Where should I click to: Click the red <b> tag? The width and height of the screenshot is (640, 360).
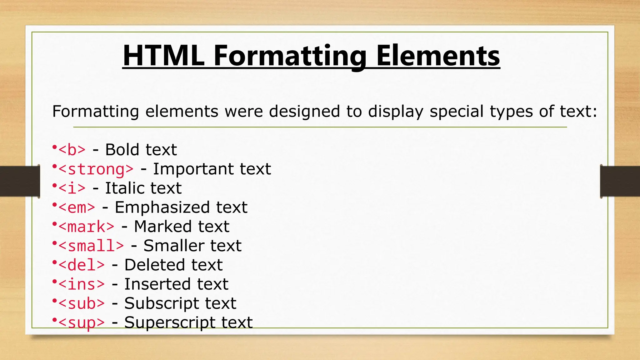(72, 150)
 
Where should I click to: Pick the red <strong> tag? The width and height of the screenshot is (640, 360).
(96, 169)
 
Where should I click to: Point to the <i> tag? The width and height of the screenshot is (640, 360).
(72, 188)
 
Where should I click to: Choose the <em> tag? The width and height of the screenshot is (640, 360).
(77, 207)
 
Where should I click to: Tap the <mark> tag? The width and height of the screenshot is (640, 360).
(86, 227)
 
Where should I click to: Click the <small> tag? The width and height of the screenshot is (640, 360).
(91, 246)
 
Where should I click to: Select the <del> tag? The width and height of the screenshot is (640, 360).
(82, 265)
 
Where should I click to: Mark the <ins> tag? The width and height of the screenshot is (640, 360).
(82, 284)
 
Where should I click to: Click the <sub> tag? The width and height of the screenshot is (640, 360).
(82, 303)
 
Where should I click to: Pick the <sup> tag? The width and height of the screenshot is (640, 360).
(82, 322)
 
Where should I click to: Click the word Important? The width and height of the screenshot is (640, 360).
(193, 169)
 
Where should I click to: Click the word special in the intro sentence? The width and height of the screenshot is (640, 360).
(457, 111)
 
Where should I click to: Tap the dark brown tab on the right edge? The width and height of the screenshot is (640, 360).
(620, 181)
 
